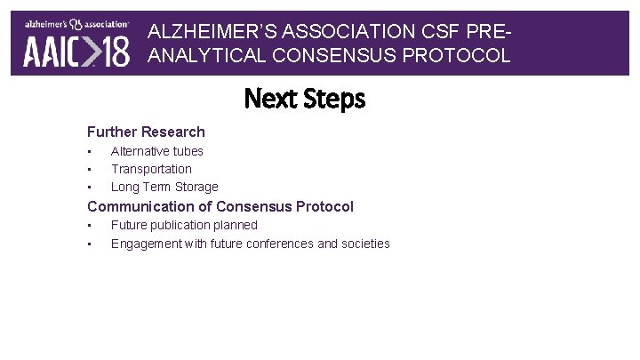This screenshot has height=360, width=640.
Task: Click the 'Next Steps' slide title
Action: [305, 98]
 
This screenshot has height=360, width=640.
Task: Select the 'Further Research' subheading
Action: [146, 132]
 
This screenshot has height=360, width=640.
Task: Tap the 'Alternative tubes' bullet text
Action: [157, 151]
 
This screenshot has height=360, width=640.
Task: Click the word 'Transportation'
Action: [151, 169]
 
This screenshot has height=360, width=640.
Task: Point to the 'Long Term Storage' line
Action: [164, 187]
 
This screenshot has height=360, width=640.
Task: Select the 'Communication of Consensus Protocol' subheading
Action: [220, 206]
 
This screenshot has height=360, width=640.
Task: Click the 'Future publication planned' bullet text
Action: [184, 225]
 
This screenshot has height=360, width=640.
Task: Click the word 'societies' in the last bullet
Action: [366, 244]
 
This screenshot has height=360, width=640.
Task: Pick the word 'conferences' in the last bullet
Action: [280, 244]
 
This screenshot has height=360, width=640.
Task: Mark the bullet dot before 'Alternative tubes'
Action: [90, 152]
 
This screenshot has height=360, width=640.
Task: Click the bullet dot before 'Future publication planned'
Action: [90, 226]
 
